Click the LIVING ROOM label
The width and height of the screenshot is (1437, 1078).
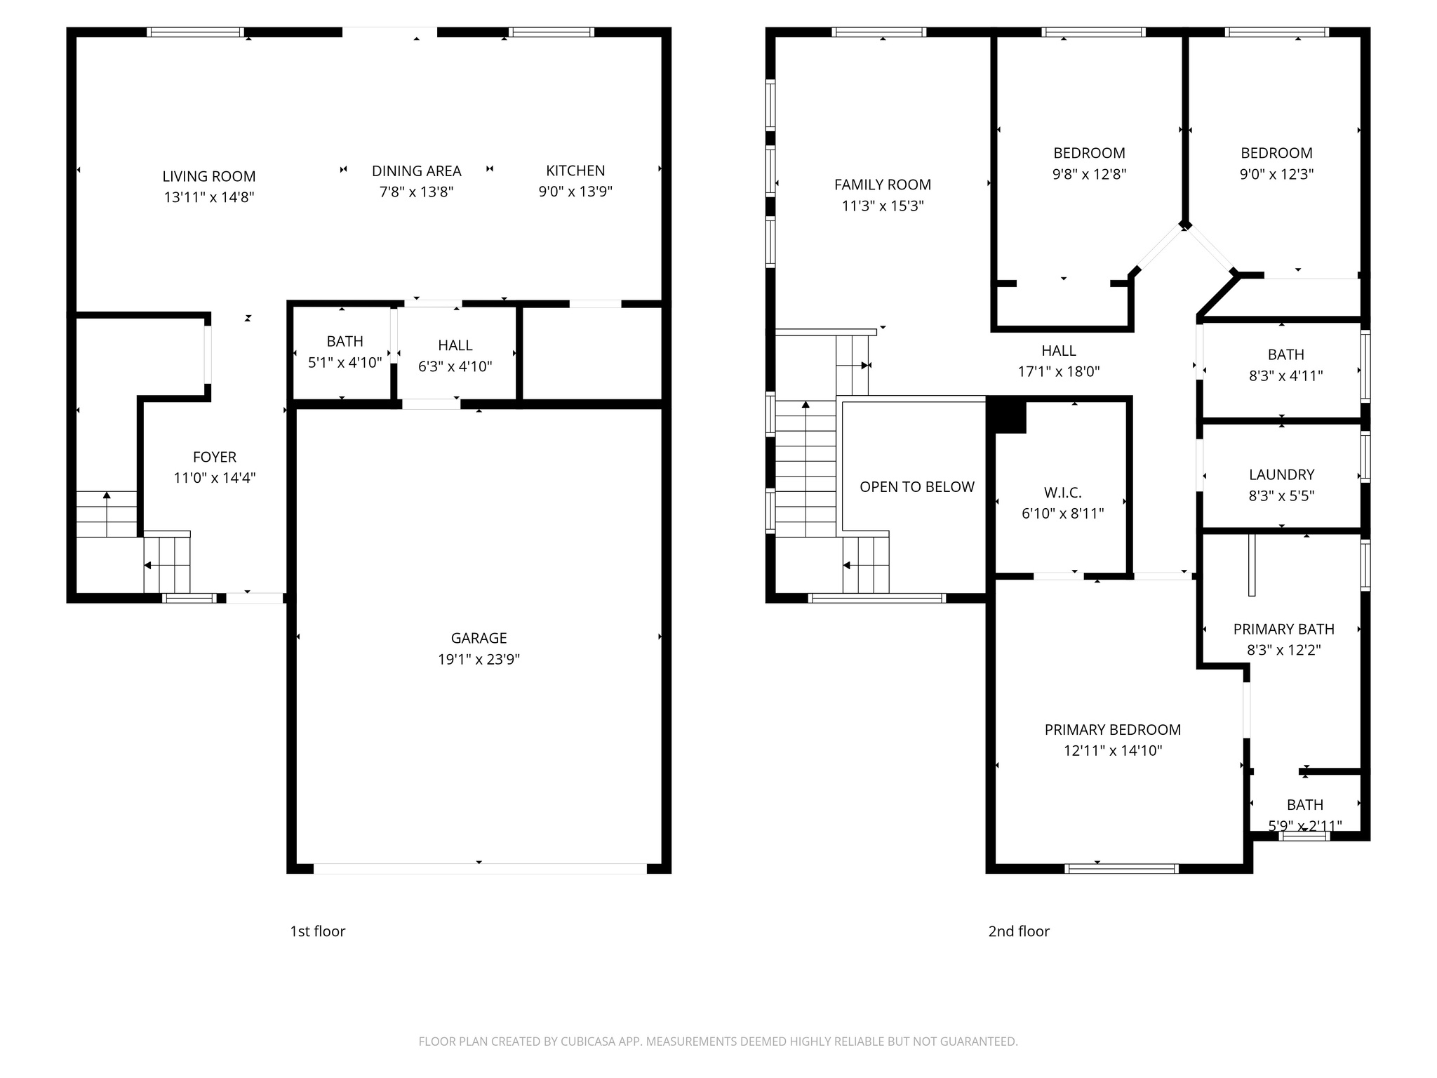209,177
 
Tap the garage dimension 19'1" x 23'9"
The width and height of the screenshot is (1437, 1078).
479,659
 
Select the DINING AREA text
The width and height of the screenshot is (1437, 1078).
416,171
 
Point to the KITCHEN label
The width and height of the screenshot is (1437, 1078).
575,171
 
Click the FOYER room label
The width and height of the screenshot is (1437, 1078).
215,458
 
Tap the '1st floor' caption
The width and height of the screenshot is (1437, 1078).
318,931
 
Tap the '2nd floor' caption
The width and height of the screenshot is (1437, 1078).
1019,931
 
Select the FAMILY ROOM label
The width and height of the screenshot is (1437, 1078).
883,185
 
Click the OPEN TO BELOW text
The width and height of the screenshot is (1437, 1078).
916,487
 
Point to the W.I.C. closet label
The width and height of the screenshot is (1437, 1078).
1062,493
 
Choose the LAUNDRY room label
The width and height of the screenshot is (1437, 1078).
1281,475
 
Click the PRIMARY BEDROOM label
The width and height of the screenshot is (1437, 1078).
1112,730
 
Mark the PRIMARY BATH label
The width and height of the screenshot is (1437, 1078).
1283,630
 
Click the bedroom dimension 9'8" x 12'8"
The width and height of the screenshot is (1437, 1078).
1089,174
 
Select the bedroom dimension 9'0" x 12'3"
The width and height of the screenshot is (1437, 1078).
1276,174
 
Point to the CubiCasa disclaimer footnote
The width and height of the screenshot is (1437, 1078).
718,1042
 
